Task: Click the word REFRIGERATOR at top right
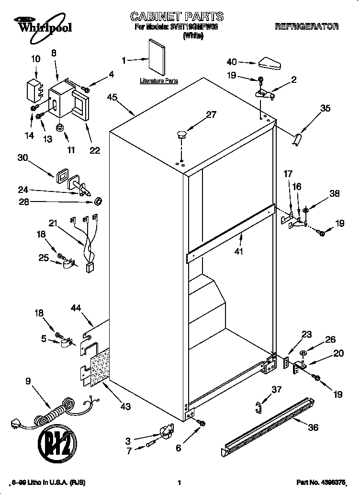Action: pos(306,27)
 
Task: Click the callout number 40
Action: pos(232,62)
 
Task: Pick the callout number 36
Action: pos(313,427)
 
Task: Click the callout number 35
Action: pos(325,108)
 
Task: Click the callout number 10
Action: pos(35,59)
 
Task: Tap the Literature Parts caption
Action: pos(159,81)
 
